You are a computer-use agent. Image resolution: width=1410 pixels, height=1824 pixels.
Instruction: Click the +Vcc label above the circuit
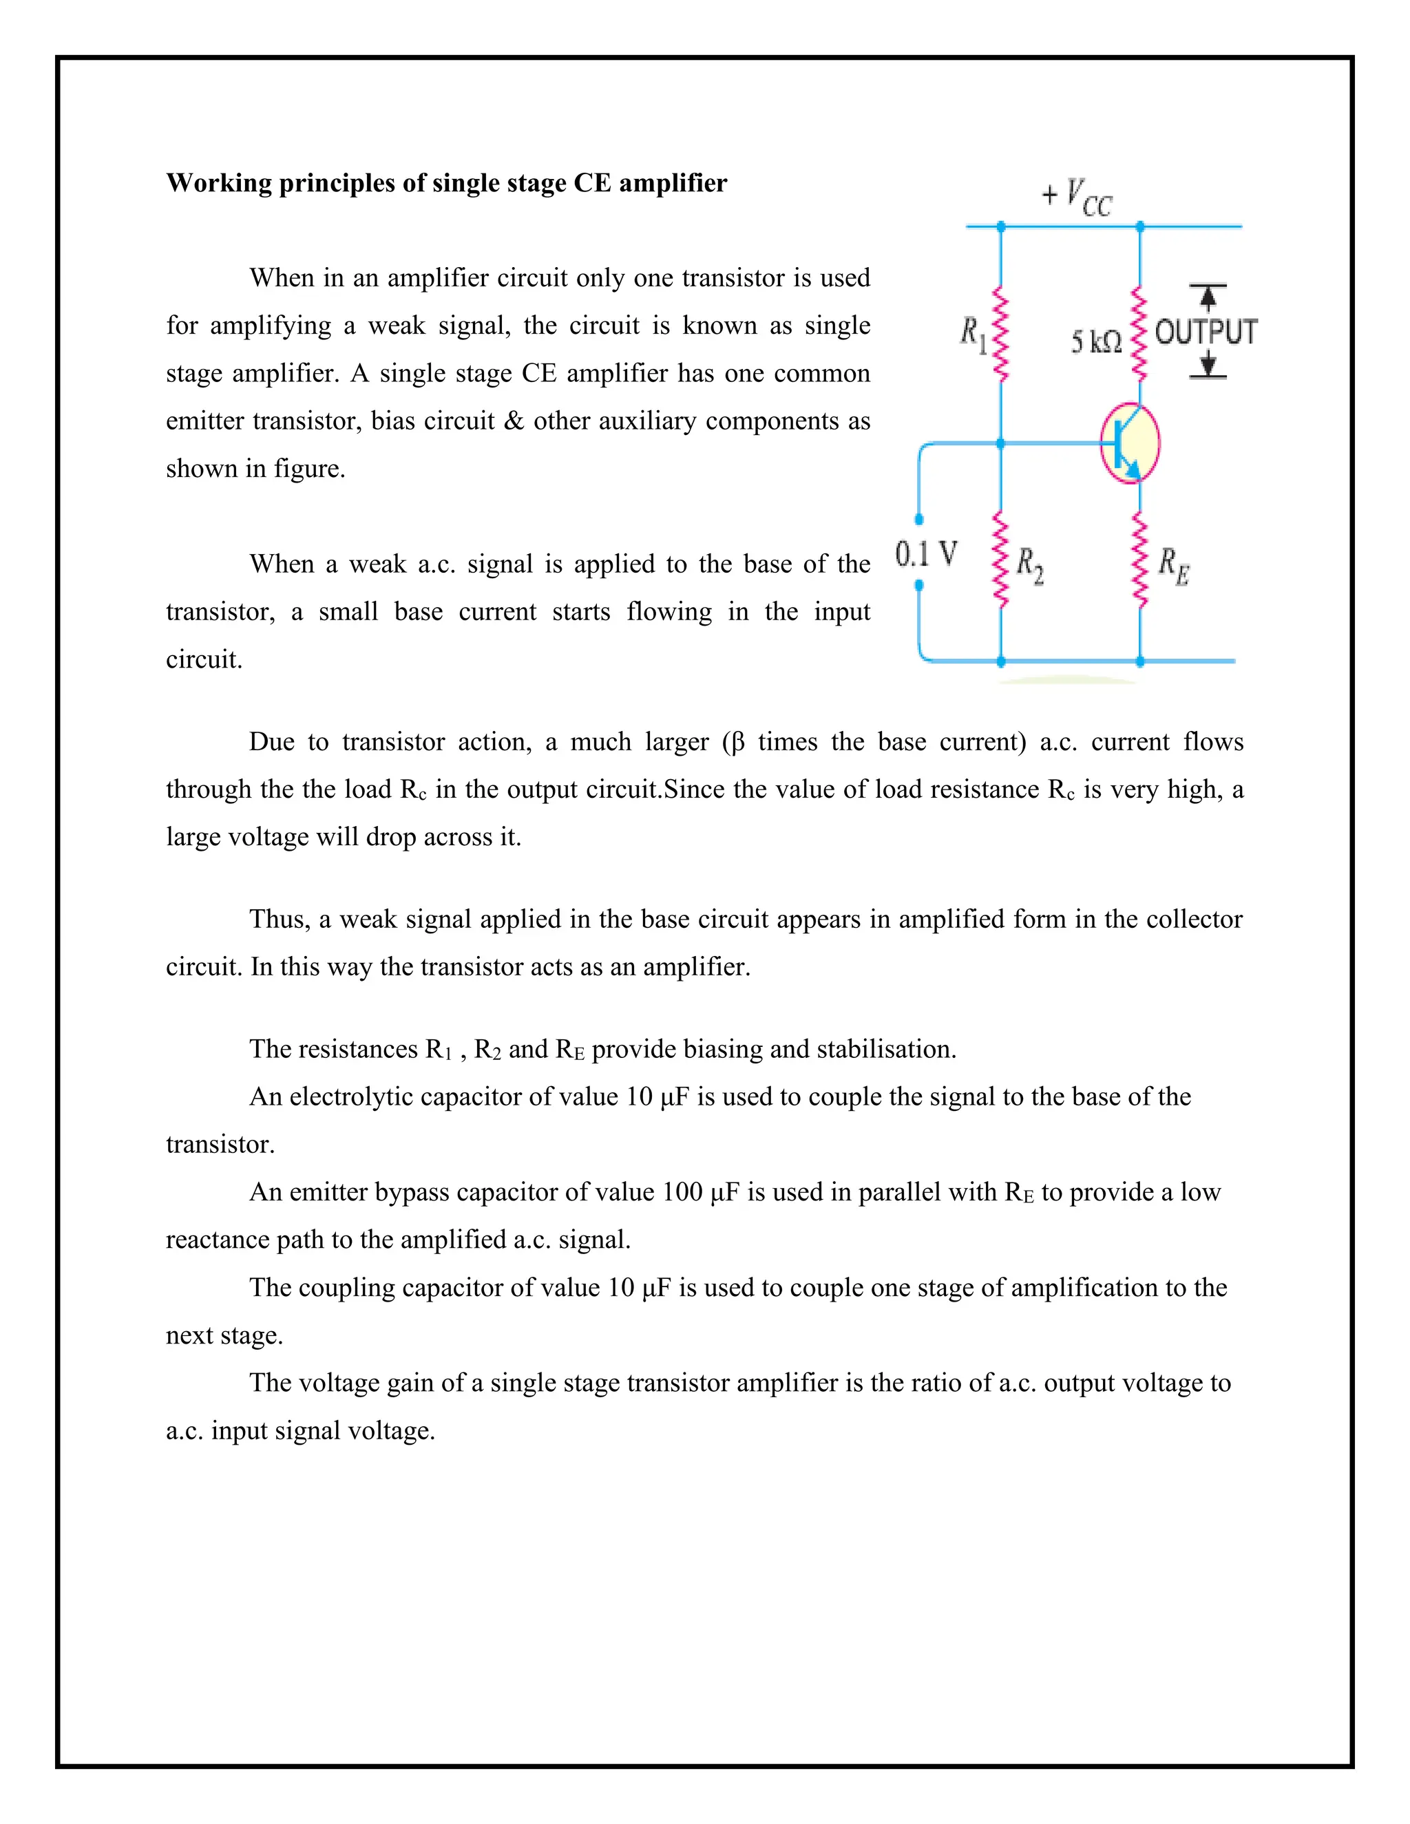[1077, 199]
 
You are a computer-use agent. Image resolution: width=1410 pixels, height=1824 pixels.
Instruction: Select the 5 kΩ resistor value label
[1096, 341]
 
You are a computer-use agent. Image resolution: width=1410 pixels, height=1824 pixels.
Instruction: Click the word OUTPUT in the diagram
[1206, 332]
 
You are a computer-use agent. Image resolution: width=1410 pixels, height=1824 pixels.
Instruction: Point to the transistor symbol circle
[1129, 443]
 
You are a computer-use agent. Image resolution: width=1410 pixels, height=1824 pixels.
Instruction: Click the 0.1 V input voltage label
[925, 553]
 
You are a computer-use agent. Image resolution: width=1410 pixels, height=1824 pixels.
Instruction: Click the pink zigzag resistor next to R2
[1000, 560]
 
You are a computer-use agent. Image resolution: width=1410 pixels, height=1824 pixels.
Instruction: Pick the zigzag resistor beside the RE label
[1139, 560]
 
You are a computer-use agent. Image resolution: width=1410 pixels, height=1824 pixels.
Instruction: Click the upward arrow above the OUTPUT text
[1207, 297]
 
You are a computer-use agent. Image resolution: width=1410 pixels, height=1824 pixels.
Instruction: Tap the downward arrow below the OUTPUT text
[1208, 365]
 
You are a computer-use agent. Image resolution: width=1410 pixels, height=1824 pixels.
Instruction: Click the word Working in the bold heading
[220, 183]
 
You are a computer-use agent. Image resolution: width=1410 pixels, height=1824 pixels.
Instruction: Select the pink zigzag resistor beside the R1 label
[1000, 334]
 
